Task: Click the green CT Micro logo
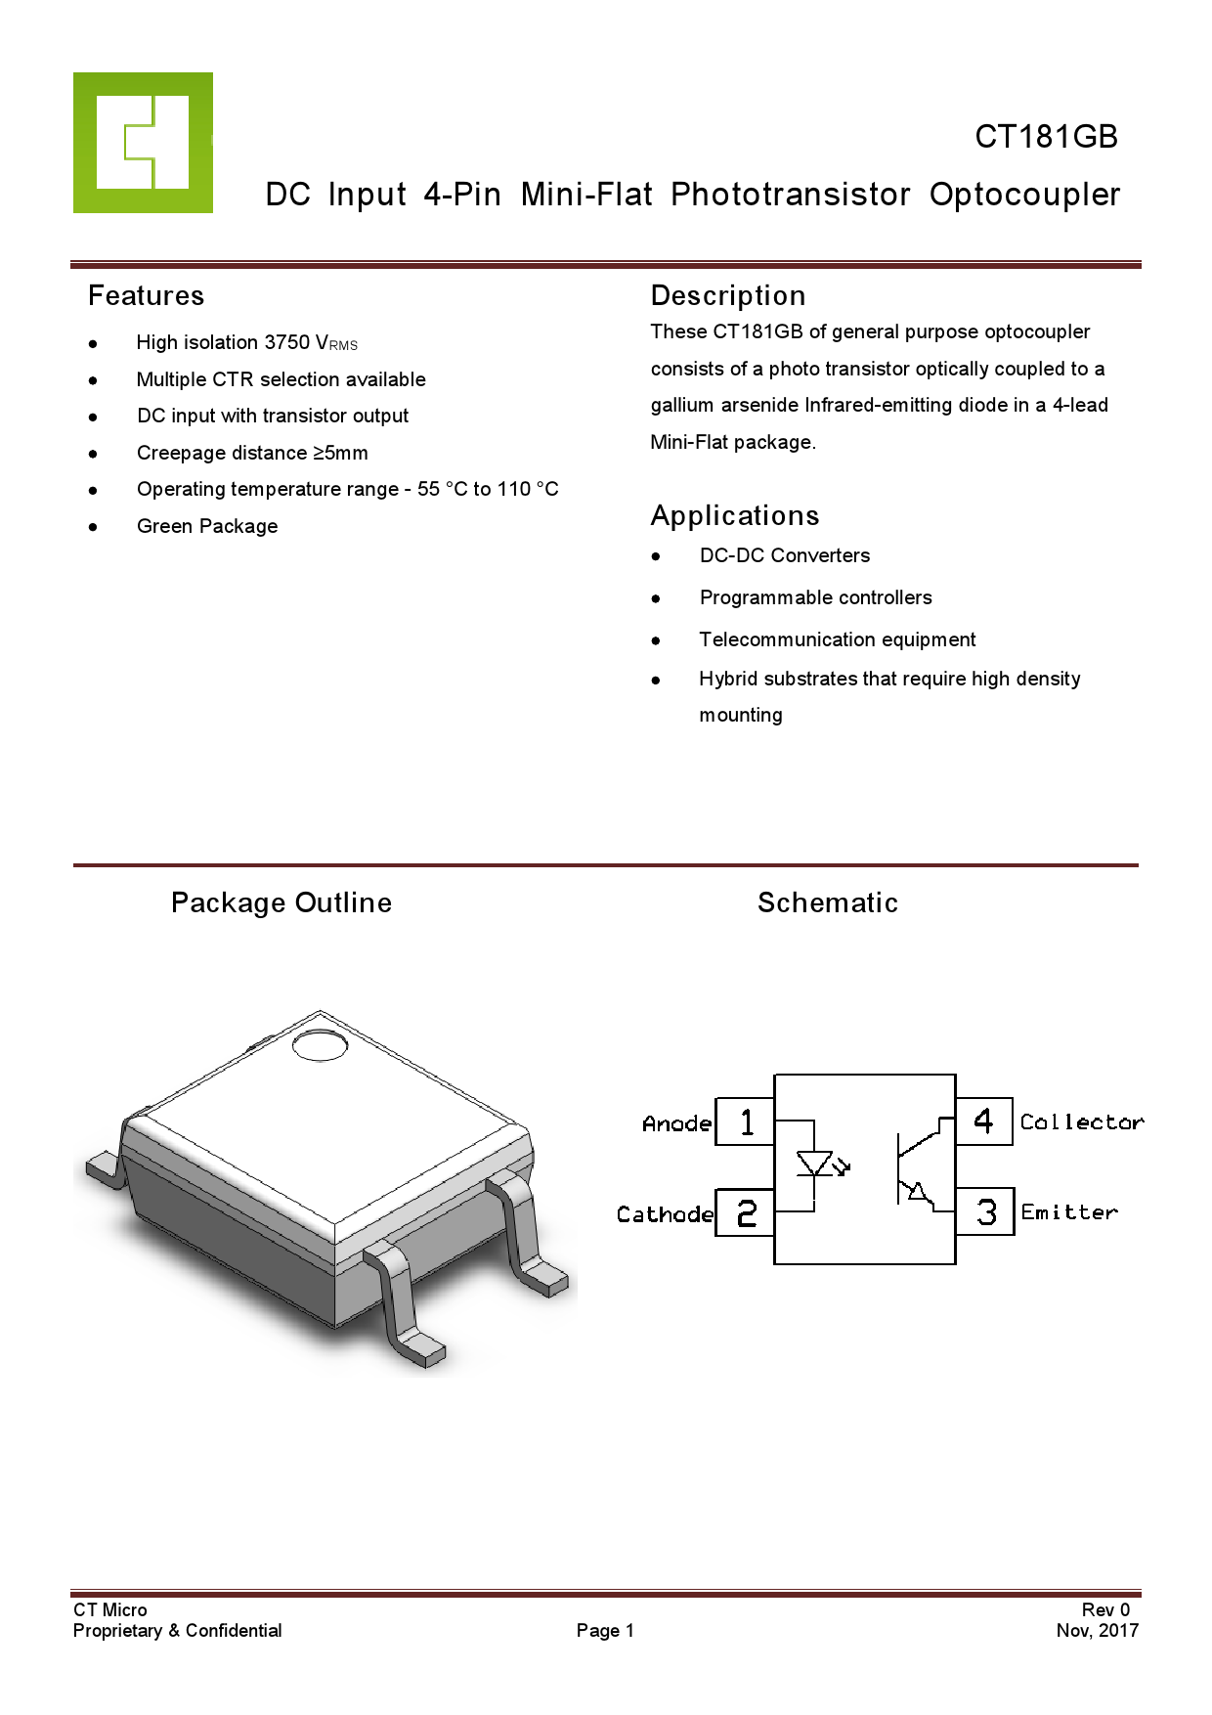143,143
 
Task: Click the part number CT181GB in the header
1046,137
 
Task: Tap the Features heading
146,296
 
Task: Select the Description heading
728,296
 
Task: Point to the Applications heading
735,516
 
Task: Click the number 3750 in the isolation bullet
287,342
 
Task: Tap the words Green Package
207,526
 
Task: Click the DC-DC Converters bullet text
784,555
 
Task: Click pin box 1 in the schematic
746,1121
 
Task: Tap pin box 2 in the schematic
746,1213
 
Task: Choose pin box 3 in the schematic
985,1212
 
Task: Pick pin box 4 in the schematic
984,1121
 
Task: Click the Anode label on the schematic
676,1124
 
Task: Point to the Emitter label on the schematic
1069,1212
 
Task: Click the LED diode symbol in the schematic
815,1165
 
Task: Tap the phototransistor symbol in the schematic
915,1167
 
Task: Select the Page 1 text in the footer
605,1630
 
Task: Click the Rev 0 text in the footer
1105,1609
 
